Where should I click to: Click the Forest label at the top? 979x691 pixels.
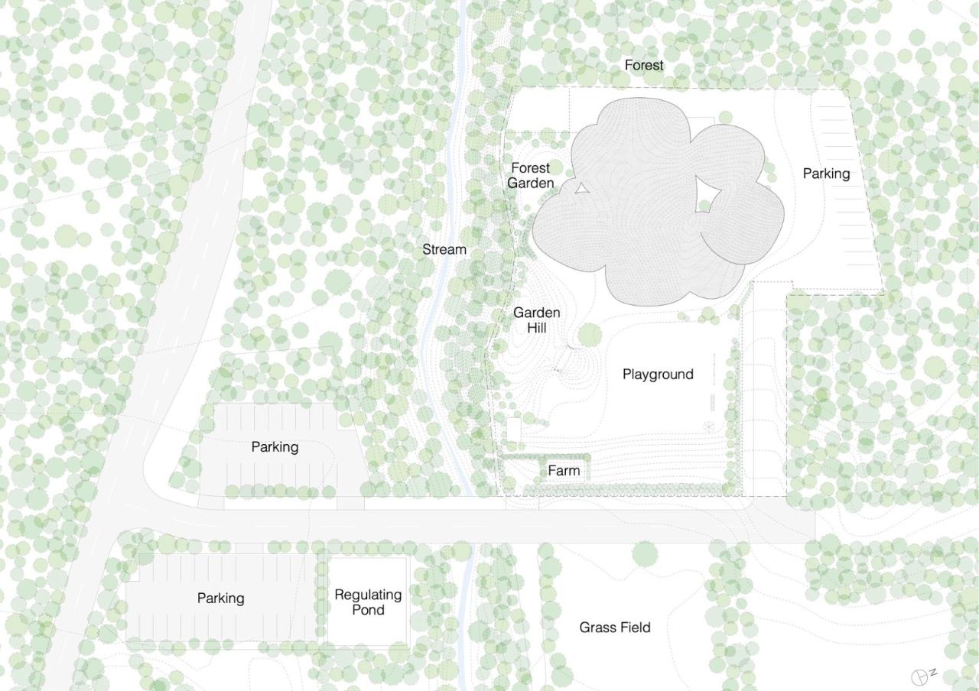(643, 65)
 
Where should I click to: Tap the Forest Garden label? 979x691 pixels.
(530, 175)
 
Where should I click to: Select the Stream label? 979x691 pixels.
(444, 249)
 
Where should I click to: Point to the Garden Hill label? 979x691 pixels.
(536, 320)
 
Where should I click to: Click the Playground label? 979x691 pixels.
(658, 374)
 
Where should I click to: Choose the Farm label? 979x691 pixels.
(564, 470)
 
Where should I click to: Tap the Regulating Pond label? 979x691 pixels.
(368, 602)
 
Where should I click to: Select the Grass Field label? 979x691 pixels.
(615, 628)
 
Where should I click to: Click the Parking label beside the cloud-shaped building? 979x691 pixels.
(826, 174)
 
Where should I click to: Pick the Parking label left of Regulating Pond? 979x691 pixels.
(220, 598)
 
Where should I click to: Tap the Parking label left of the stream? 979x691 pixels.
(275, 446)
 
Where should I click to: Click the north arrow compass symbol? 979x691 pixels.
(921, 676)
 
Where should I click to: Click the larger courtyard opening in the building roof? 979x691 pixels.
(707, 194)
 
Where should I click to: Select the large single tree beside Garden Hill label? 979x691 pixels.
(589, 334)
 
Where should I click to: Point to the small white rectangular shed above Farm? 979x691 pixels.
(513, 428)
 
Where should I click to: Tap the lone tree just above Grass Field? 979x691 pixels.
(645, 553)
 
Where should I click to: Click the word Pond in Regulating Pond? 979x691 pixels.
(368, 609)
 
